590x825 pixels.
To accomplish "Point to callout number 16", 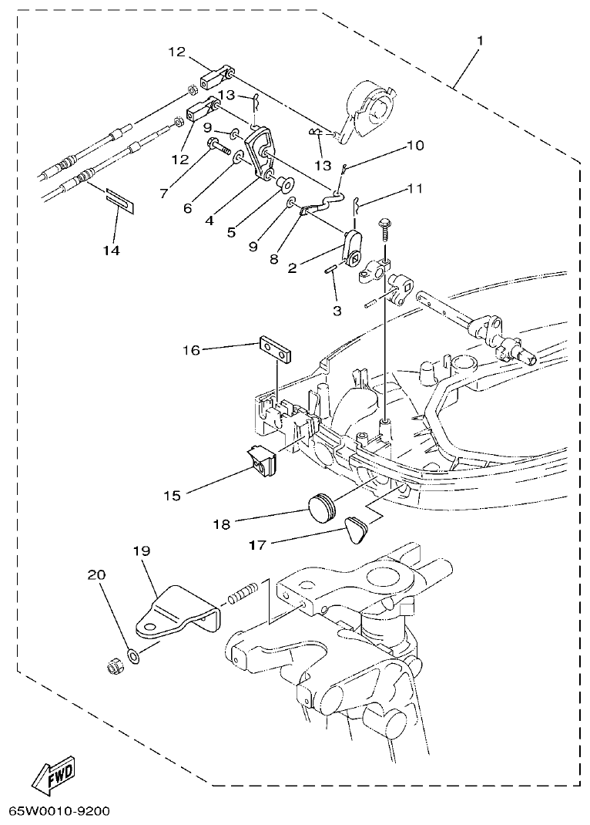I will [x=192, y=350].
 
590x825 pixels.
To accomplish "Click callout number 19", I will [x=142, y=551].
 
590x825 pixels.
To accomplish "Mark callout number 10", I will [x=415, y=145].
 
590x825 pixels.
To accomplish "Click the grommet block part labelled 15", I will [x=263, y=461].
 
